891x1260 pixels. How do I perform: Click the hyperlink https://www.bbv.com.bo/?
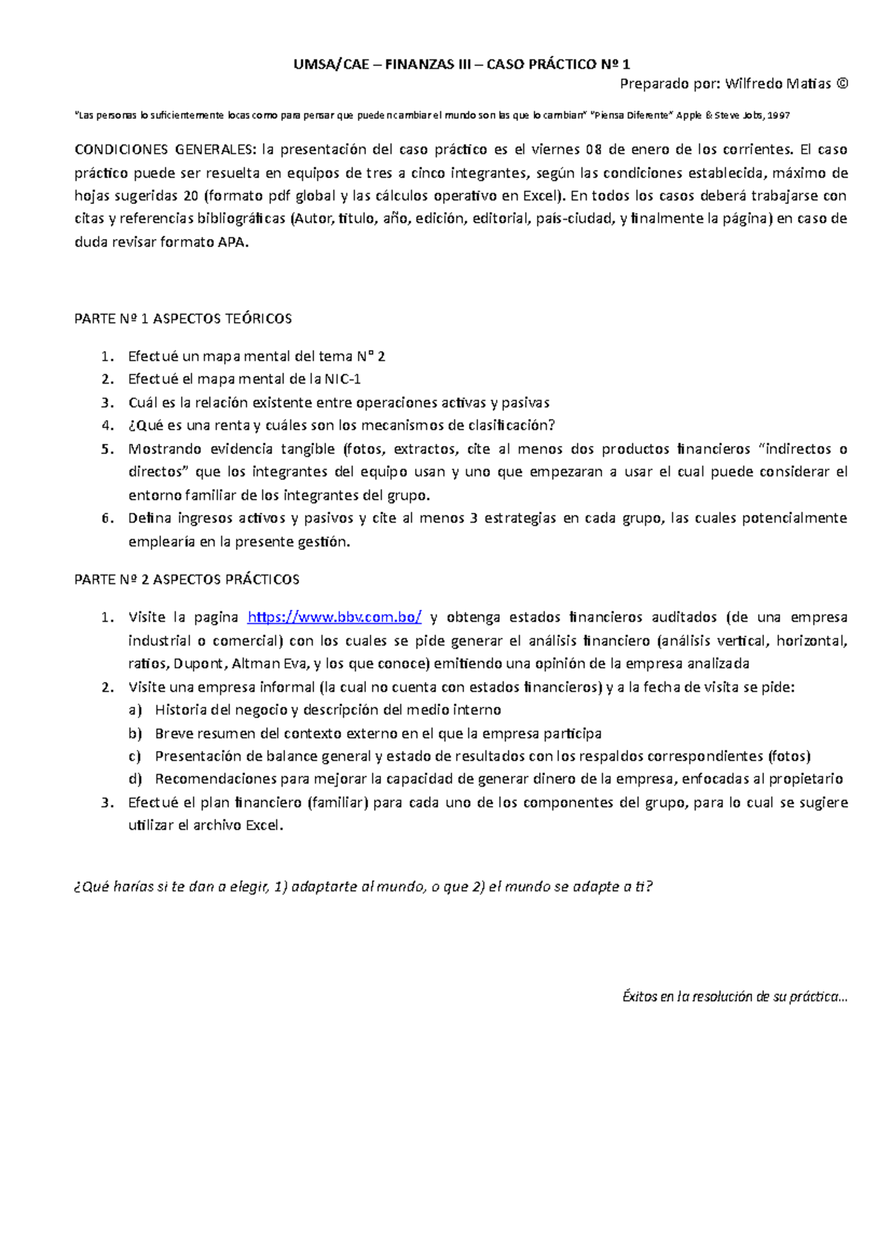[x=334, y=617]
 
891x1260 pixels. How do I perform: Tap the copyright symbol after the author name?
[x=841, y=84]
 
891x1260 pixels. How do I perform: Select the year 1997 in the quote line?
[x=779, y=116]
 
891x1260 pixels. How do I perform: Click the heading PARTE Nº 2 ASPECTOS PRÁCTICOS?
[x=187, y=580]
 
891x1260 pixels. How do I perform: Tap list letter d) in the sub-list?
[x=134, y=779]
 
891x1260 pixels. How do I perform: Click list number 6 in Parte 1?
[x=107, y=519]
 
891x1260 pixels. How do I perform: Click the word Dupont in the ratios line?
[x=198, y=663]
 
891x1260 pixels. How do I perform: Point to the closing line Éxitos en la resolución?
[x=734, y=997]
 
